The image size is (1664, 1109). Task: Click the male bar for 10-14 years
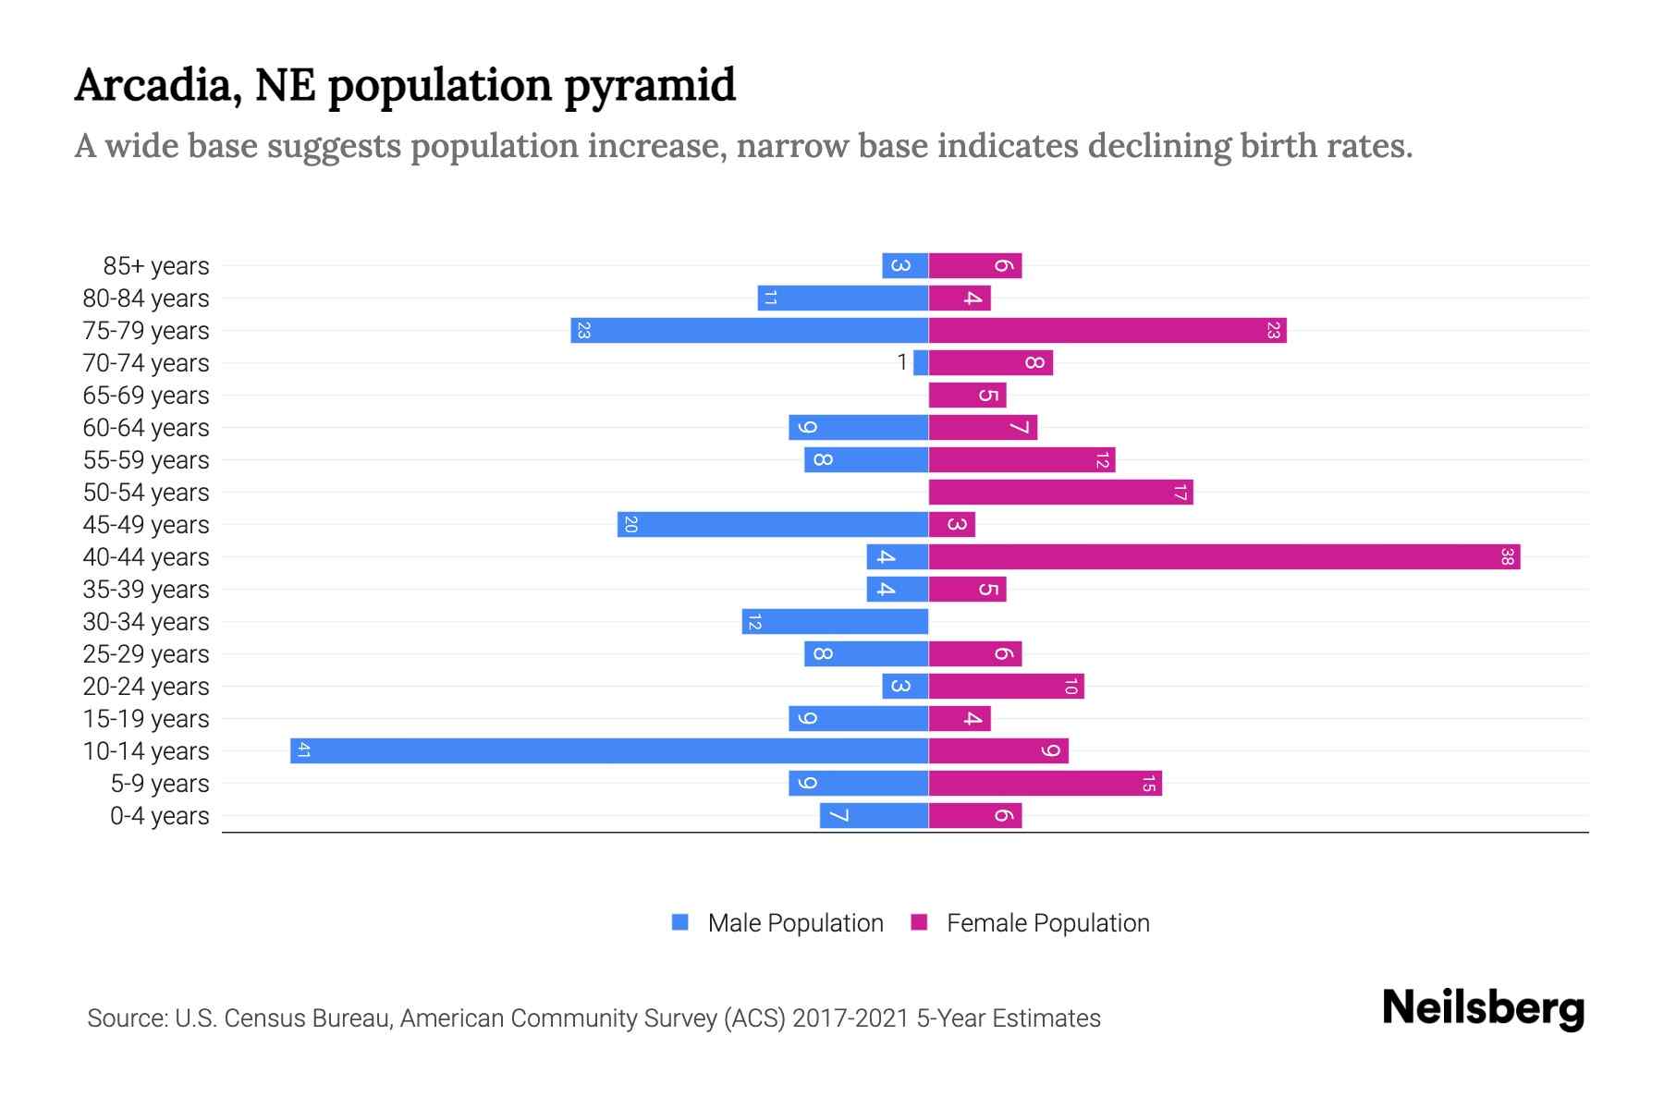609,750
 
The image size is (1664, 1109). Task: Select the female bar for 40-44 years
1224,556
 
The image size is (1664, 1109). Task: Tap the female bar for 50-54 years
1060,492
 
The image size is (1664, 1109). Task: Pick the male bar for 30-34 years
835,621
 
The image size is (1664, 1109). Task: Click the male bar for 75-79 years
750,330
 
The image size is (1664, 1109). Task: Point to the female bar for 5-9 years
1045,783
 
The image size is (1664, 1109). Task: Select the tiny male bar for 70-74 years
921,362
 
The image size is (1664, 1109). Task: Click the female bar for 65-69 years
967,395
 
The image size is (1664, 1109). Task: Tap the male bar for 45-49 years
773,524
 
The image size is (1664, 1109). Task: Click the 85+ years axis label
156,266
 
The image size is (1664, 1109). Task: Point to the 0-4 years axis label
159,816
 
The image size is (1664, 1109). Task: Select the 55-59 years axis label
146,460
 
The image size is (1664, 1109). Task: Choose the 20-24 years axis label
146,687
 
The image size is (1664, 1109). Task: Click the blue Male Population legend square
680,922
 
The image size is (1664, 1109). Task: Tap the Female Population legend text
1047,923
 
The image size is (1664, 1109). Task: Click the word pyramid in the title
649,85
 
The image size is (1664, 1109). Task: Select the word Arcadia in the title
153,85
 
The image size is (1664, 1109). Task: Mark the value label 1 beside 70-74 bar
902,362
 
